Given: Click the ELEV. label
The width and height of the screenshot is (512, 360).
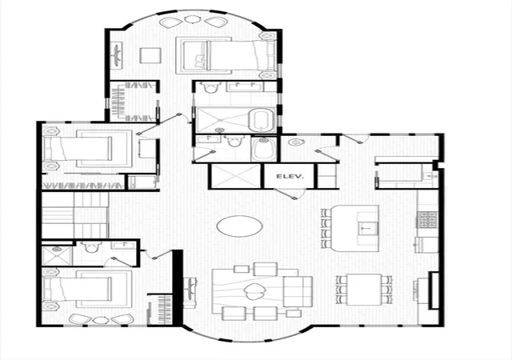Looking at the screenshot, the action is point(290,177).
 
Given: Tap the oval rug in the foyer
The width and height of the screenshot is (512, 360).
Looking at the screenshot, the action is point(239,226).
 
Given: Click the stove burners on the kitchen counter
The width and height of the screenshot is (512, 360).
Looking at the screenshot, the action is point(426,219).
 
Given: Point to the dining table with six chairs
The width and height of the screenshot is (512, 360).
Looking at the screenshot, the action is point(364,290).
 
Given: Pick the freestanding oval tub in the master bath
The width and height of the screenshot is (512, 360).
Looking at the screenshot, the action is point(260,121).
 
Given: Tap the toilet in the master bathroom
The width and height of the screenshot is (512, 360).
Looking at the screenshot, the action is point(209,87).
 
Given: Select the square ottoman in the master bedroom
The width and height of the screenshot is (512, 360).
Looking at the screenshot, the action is point(150,55).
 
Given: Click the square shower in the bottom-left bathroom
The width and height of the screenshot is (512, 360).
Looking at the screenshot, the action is point(57,256).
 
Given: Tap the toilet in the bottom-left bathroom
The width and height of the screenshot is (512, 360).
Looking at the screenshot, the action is point(90,246).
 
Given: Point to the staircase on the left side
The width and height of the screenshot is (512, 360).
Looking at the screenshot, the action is point(74,215).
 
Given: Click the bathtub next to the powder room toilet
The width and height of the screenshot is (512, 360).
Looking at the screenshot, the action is point(264,150).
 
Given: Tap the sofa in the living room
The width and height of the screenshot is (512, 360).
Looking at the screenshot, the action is point(297,291).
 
